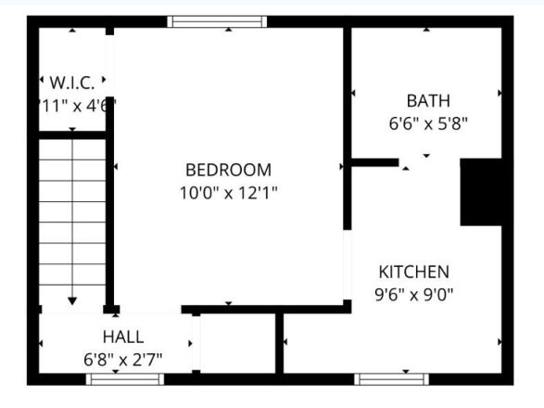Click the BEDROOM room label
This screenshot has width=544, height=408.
point(228,170)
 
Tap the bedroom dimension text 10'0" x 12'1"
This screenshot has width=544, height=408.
point(228,193)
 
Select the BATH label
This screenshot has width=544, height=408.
point(427,100)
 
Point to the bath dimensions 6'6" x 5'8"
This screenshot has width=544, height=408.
point(427,122)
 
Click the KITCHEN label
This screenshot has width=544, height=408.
point(414,272)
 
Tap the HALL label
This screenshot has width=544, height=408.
point(123,337)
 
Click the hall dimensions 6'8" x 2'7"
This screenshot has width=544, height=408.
point(123,359)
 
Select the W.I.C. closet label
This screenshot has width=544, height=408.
point(73,83)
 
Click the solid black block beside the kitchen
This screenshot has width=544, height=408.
point(482,192)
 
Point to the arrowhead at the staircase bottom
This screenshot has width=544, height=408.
point(73,300)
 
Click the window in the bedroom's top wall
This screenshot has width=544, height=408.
point(217,20)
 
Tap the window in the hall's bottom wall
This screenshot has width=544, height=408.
point(124,378)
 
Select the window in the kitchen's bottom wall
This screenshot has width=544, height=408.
point(391,378)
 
